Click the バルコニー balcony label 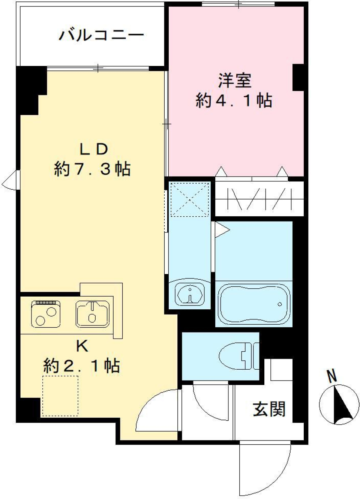coord(101,35)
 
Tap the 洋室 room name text coord(235,81)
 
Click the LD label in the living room coord(94,149)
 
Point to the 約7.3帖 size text coord(92,169)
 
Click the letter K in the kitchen coord(82,346)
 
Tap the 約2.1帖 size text coord(81,366)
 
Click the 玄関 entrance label coord(269,409)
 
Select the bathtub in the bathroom coord(254,304)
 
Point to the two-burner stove coord(46,314)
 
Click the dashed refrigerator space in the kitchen coord(60,396)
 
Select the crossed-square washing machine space coord(189,199)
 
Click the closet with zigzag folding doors coord(259,199)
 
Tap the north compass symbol coord(339,405)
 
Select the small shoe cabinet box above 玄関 coord(281,369)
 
